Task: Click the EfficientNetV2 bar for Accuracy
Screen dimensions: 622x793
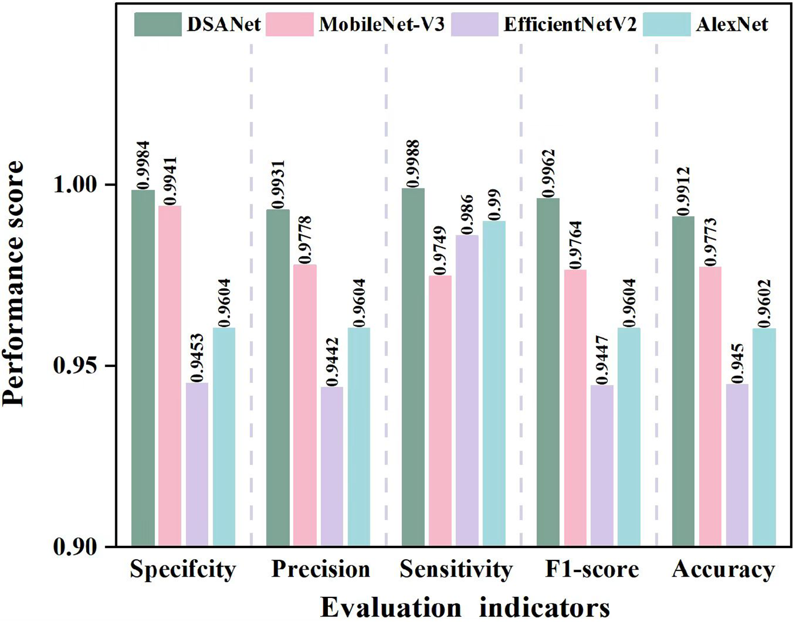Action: (x=737, y=465)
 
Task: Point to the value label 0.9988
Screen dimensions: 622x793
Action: (x=414, y=163)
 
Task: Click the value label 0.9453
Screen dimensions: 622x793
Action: (x=196, y=357)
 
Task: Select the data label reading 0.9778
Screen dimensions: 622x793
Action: (x=305, y=240)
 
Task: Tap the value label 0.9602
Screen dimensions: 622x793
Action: (x=764, y=303)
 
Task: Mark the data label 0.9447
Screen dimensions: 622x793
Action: (x=602, y=360)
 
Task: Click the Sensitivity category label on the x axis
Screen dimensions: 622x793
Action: (x=456, y=569)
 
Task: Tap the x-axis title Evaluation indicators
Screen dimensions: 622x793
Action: (x=464, y=607)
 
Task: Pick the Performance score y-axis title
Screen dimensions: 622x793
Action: (x=13, y=282)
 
